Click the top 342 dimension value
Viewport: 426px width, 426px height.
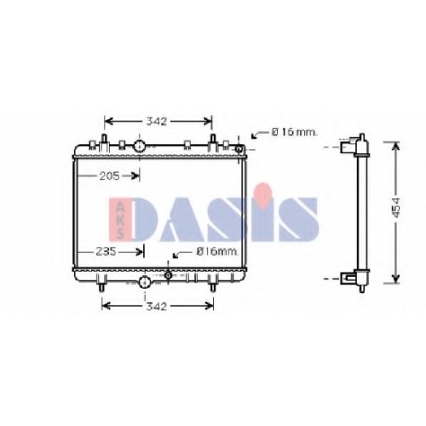pyautogui.click(x=157, y=122)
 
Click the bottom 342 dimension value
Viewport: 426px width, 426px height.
pyautogui.click(x=156, y=306)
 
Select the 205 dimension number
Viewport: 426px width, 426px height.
pyautogui.click(x=110, y=176)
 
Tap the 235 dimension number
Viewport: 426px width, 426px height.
pyautogui.click(x=106, y=251)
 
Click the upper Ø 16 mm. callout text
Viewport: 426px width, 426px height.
pyautogui.click(x=294, y=132)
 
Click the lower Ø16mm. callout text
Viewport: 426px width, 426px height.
pyautogui.click(x=217, y=251)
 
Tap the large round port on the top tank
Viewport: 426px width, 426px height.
pyautogui.click(x=140, y=147)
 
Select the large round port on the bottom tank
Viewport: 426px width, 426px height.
pyautogui.click(x=145, y=282)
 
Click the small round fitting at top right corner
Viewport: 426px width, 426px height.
pyautogui.click(x=239, y=148)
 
